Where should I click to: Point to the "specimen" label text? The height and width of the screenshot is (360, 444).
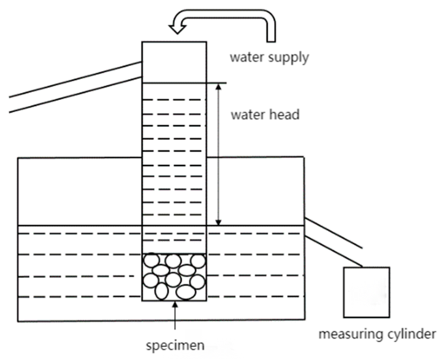[x=175, y=345]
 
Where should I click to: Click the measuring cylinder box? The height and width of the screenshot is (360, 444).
[x=367, y=292]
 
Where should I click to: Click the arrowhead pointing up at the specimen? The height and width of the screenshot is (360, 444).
[x=175, y=304]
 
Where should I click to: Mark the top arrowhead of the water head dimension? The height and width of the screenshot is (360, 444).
[x=219, y=86]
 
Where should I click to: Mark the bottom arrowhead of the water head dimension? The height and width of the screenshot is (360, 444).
[x=219, y=222]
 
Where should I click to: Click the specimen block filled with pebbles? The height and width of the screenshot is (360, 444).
[x=174, y=277]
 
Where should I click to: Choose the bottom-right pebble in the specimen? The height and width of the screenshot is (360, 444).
[x=186, y=292]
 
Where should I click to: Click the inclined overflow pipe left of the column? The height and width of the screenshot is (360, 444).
[x=75, y=87]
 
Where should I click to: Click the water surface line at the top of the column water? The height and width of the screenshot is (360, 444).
[x=174, y=83]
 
